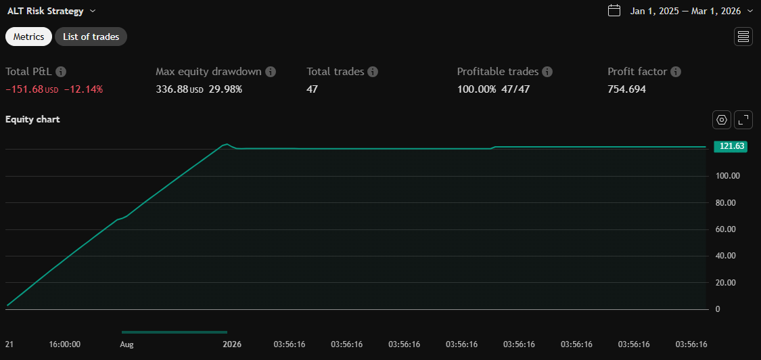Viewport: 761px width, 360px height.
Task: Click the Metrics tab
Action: click(x=28, y=37)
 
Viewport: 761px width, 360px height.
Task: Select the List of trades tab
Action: click(x=91, y=37)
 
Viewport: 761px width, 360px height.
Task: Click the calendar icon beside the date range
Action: click(x=614, y=11)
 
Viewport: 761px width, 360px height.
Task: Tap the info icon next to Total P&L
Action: click(x=61, y=72)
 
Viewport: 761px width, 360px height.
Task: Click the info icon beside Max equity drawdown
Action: click(x=271, y=72)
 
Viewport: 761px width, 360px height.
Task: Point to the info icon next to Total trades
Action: click(x=373, y=72)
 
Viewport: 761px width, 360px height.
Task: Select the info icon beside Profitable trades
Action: click(x=547, y=72)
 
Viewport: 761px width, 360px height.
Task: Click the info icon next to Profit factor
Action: click(x=676, y=72)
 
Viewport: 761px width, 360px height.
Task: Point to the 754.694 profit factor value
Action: click(x=626, y=89)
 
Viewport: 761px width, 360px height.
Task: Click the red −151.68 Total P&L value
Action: click(x=24, y=89)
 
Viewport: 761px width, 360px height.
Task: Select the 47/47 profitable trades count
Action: click(x=515, y=89)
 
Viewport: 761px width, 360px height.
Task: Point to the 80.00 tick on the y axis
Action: click(x=727, y=202)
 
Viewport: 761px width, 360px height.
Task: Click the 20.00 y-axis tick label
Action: click(x=727, y=282)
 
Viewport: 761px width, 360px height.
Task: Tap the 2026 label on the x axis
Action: click(x=232, y=344)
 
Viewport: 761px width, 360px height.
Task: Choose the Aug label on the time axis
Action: click(x=126, y=344)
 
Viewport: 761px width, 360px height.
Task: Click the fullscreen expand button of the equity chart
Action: click(x=743, y=120)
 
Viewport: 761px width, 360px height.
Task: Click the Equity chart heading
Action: click(x=32, y=119)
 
